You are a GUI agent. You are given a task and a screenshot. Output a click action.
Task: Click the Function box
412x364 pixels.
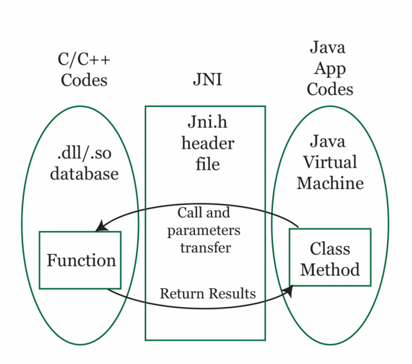[x=80, y=260]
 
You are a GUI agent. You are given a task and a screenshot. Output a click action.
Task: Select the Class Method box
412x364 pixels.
[x=330, y=257]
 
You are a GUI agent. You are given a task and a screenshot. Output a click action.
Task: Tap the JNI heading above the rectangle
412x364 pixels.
[x=207, y=80]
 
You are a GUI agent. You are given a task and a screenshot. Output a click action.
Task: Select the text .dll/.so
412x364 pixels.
[x=84, y=153]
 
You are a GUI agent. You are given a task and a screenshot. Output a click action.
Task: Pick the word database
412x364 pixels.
[x=84, y=174]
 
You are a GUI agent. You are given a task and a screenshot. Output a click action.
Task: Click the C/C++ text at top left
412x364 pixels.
[x=84, y=60]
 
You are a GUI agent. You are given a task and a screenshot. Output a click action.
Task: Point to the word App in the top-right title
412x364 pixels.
[x=330, y=68]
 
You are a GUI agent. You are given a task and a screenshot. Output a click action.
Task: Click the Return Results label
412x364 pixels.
[x=207, y=294]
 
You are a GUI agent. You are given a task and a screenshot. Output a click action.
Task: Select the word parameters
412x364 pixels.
[x=204, y=230]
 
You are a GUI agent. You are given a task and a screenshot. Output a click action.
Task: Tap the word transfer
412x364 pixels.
[x=205, y=247]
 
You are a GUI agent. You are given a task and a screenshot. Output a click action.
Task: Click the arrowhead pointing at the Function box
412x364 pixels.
[x=100, y=226]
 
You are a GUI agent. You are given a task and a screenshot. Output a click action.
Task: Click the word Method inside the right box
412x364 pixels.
[x=330, y=269]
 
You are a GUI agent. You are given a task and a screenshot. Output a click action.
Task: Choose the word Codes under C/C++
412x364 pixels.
[x=84, y=80]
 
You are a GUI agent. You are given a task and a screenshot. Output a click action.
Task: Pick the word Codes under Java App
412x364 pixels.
[x=330, y=89]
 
